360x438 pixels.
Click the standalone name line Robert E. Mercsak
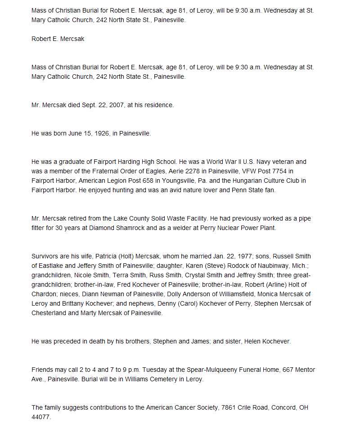click(x=58, y=39)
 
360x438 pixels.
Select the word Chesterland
click(x=49, y=313)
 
